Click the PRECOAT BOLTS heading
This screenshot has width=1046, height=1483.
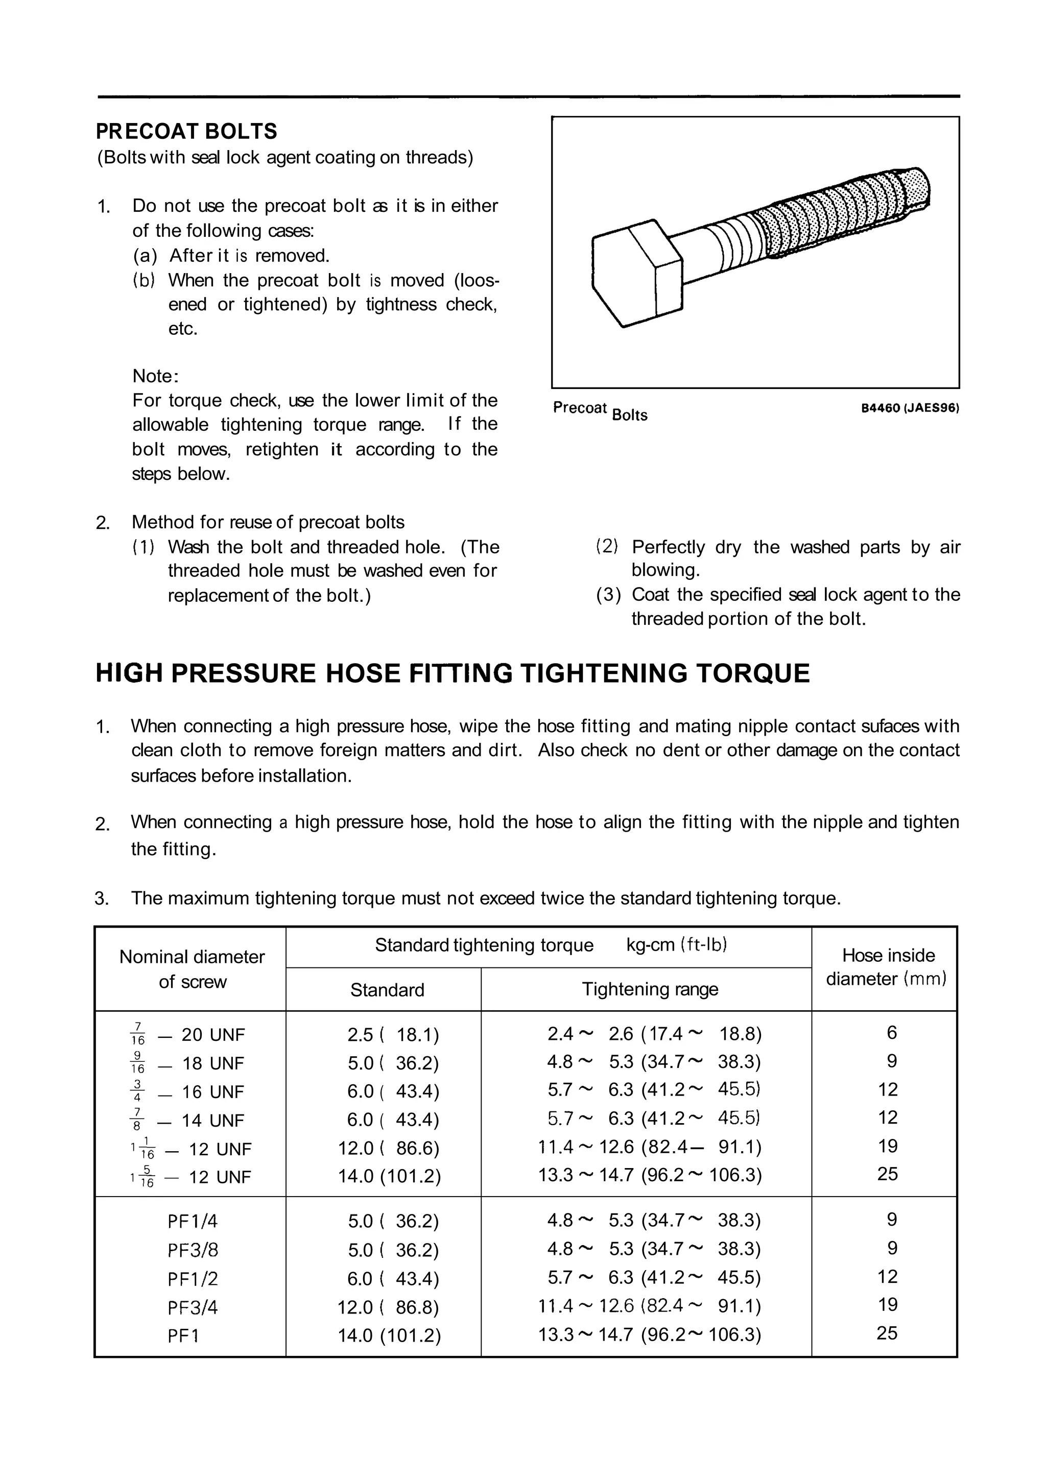186,132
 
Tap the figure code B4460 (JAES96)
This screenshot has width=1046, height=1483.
910,408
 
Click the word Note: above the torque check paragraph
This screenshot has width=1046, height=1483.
155,376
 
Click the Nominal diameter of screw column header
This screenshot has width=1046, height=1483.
192,969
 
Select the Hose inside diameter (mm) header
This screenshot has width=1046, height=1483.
887,967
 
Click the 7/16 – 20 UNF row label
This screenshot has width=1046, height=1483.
187,1035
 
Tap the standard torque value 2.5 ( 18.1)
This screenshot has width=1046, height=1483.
393,1035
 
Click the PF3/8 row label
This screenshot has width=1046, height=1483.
193,1250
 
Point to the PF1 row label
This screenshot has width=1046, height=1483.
183,1335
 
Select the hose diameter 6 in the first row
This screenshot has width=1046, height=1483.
891,1033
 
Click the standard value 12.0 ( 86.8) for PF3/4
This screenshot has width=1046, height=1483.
388,1307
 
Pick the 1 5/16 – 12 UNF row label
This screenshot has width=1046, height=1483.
190,1177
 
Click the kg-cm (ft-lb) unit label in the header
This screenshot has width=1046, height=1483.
676,945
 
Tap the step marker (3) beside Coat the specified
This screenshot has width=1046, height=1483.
607,595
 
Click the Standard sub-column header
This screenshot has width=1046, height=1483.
387,989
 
